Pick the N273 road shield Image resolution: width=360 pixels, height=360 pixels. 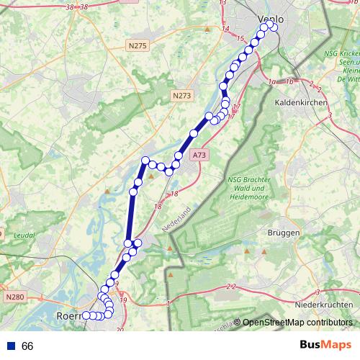click(x=183, y=94)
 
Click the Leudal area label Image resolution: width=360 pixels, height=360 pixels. click(x=24, y=235)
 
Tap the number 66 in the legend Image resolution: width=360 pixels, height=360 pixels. click(x=28, y=346)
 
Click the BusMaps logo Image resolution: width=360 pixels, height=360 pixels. click(x=326, y=345)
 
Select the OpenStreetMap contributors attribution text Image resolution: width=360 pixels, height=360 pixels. click(x=297, y=323)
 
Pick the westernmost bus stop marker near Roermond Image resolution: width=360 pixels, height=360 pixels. click(x=86, y=315)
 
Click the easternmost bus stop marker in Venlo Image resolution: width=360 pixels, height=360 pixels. click(x=274, y=27)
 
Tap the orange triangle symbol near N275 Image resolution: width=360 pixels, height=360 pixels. click(x=207, y=30)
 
